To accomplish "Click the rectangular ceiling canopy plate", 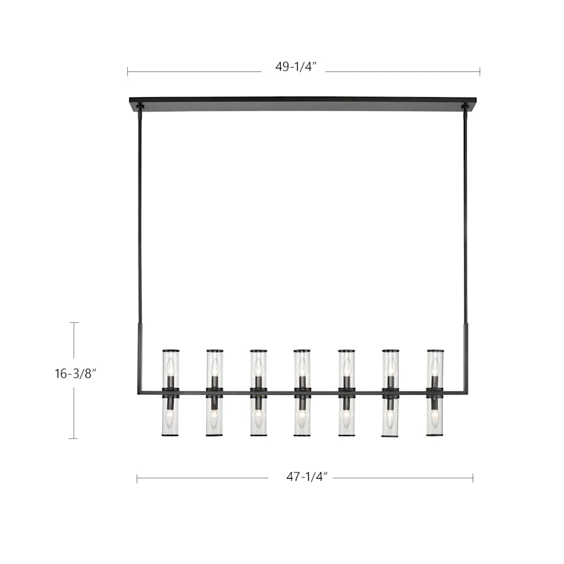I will tap(303, 104).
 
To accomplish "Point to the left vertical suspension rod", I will tap(139, 219).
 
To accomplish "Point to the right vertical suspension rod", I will tap(466, 219).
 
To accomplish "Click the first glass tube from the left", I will tap(170, 393).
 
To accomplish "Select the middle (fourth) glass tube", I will tap(302, 393).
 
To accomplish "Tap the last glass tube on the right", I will tap(434, 393).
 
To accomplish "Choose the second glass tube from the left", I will tap(214, 393).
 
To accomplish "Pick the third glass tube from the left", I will tap(258, 393).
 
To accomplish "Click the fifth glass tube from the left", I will tap(346, 393).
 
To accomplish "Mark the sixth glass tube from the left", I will tap(390, 393).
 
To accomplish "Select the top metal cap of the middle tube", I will tap(302, 351).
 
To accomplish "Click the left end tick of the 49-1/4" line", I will tap(128, 71).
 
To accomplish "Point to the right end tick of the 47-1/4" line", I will tap(473, 479).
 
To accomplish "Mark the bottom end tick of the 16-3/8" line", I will tap(75, 438).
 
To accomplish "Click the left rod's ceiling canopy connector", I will tap(140, 109).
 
